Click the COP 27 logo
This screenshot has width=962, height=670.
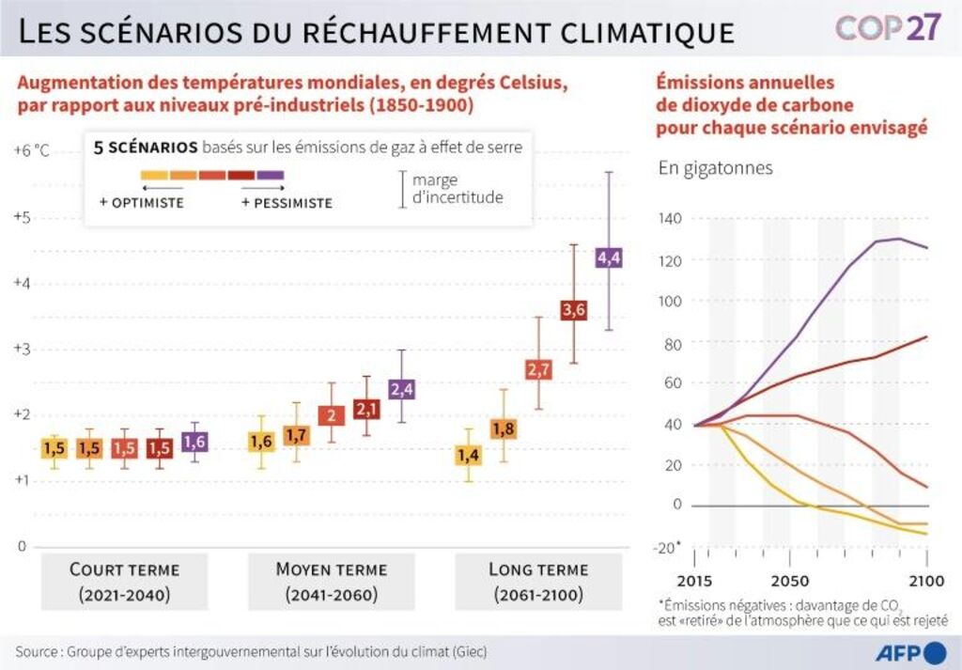point(888,28)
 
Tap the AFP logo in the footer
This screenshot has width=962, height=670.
point(910,652)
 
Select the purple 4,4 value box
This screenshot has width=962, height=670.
point(609,257)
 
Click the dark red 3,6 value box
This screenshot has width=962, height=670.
point(574,309)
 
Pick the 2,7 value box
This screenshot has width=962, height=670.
point(538,369)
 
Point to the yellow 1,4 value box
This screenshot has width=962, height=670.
point(468,455)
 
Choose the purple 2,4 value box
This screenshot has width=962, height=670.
point(402,388)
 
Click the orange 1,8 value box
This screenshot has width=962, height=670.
point(504,429)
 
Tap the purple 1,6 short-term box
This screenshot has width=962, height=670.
point(194,441)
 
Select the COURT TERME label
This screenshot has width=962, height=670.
point(124,569)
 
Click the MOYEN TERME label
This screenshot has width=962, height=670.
point(331,569)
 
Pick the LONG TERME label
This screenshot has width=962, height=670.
point(538,569)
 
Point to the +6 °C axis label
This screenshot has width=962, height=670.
point(31,151)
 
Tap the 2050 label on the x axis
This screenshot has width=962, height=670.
point(790,581)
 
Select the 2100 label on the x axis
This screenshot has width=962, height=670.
point(926,581)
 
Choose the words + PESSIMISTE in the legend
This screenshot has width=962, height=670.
point(287,203)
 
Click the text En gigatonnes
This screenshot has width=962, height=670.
point(715,168)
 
